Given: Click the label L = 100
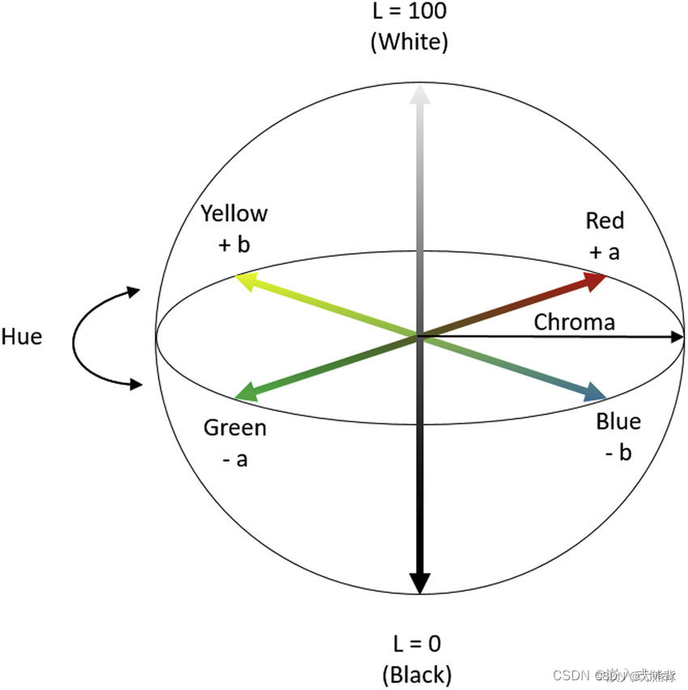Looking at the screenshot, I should point(409,12).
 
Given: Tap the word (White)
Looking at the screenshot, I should point(409,41).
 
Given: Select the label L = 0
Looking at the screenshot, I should point(417,644).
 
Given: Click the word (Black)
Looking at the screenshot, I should point(417,673).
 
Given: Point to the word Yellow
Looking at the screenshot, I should point(234,214).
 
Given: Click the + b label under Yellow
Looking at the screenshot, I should point(234,245).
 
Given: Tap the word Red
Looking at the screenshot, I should point(605,220).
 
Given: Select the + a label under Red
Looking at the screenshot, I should point(605,252).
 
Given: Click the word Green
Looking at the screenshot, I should point(235,428).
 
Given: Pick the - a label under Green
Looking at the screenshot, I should point(235,459).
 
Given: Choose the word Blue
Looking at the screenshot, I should point(618,422).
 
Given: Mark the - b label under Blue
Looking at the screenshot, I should point(618,453).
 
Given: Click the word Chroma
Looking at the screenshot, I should point(574,322).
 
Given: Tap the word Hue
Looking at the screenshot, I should point(22,337).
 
